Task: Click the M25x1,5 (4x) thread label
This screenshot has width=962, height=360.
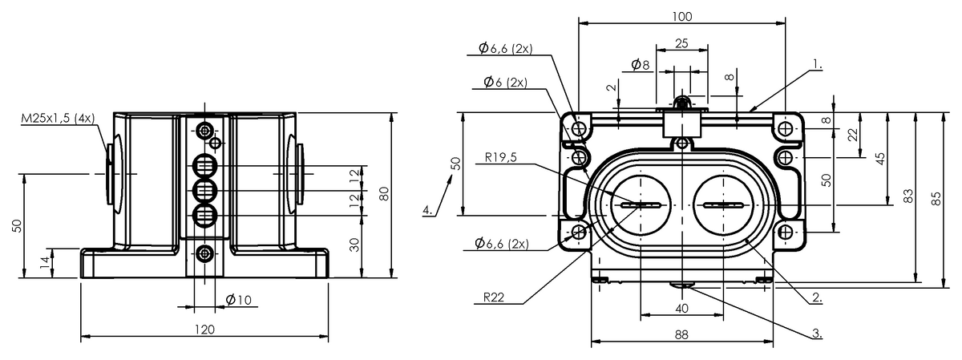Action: tap(58, 119)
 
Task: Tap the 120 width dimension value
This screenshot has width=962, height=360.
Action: tap(205, 329)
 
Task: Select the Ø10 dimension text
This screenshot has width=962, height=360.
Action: tap(238, 300)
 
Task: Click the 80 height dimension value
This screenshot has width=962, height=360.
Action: tap(384, 194)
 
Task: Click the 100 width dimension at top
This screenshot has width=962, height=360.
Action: tap(682, 16)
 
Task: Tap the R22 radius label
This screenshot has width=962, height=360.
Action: tap(494, 297)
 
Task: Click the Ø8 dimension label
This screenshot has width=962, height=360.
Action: tap(640, 63)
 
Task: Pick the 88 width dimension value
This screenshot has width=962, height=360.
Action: tap(681, 336)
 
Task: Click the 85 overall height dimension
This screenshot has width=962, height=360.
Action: tap(934, 197)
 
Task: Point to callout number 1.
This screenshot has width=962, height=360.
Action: tap(817, 61)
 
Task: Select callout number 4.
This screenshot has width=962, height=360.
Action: tap(429, 211)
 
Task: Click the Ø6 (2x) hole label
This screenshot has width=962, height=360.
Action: tap(505, 83)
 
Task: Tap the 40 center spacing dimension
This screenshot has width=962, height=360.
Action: tap(681, 308)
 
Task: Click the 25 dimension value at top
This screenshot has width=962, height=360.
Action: tap(681, 43)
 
